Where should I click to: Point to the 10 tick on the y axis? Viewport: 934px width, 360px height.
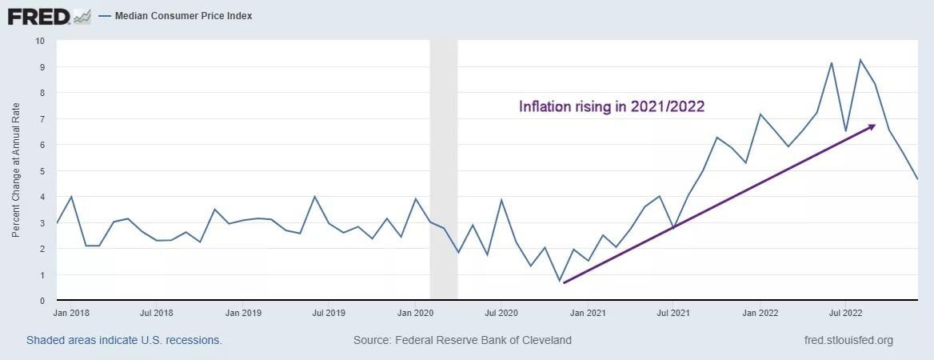coord(41,41)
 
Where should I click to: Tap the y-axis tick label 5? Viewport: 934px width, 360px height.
coord(42,171)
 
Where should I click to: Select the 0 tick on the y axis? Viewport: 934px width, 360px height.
coord(42,300)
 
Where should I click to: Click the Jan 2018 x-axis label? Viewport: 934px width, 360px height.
coord(71,312)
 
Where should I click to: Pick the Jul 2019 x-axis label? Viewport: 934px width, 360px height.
coord(328,312)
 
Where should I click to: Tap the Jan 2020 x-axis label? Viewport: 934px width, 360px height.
coord(415,312)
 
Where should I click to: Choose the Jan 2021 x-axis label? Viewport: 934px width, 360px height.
coord(588,312)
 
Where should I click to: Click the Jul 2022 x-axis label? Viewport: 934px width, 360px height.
coord(845,312)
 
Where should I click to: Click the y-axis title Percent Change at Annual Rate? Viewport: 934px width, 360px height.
coord(16,170)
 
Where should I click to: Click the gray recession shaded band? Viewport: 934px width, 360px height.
coord(444,169)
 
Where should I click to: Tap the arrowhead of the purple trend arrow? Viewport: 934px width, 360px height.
coord(872,126)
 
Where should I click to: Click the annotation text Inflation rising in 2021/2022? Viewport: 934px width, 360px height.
coord(612,106)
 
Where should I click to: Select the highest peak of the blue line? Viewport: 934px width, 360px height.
coord(860,60)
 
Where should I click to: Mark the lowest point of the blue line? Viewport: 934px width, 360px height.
coord(559,281)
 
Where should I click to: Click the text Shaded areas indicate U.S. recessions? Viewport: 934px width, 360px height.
coord(124,340)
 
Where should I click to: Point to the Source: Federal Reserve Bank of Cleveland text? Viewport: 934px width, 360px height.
coord(462,340)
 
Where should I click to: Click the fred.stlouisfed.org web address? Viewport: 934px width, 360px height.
coord(848,340)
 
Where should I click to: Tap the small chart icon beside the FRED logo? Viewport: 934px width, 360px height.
coord(82,18)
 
